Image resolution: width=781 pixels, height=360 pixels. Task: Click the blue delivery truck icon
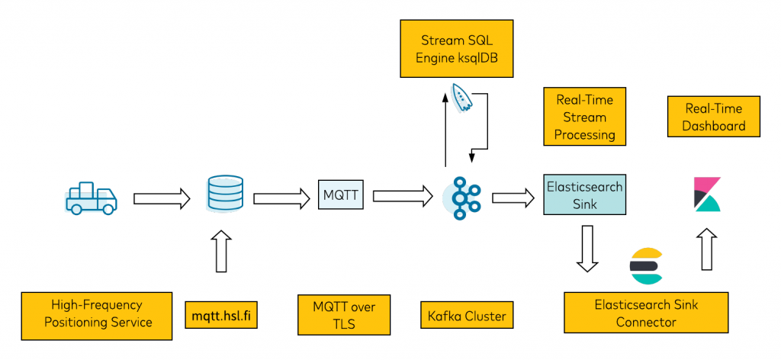click(x=91, y=198)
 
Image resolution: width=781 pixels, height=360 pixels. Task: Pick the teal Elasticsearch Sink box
click(x=584, y=194)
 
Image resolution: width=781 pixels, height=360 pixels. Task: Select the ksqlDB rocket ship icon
click(x=461, y=97)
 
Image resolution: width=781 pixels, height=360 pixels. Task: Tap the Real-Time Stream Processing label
click(x=584, y=117)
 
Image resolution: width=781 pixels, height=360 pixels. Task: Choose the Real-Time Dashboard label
click(x=714, y=117)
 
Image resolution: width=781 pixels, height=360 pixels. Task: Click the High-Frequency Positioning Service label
click(x=98, y=313)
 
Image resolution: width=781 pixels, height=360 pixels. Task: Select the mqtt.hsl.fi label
click(x=220, y=314)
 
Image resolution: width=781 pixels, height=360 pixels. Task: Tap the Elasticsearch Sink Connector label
click(x=645, y=313)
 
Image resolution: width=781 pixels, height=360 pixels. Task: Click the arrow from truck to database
click(x=161, y=199)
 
